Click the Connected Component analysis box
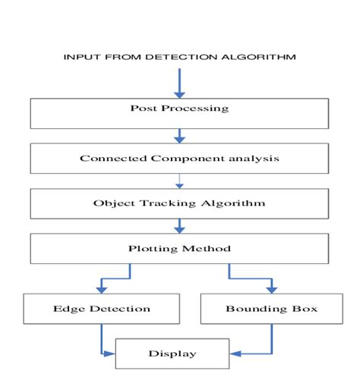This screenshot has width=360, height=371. (x=180, y=159)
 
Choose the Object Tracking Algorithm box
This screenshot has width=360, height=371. (x=180, y=203)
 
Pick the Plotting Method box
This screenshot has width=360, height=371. (x=180, y=249)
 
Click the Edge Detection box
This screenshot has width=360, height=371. (x=102, y=309)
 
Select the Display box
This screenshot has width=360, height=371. (x=171, y=353)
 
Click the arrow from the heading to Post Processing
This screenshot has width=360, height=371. (x=180, y=83)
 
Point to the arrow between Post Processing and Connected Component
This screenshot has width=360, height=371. (x=180, y=136)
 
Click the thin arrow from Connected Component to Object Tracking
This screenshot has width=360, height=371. (x=180, y=181)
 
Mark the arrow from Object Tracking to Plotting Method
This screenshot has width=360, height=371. (x=180, y=226)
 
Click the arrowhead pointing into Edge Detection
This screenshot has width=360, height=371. (x=102, y=288)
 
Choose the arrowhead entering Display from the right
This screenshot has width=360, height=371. (x=234, y=353)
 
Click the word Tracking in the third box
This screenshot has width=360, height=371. (x=166, y=203)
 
